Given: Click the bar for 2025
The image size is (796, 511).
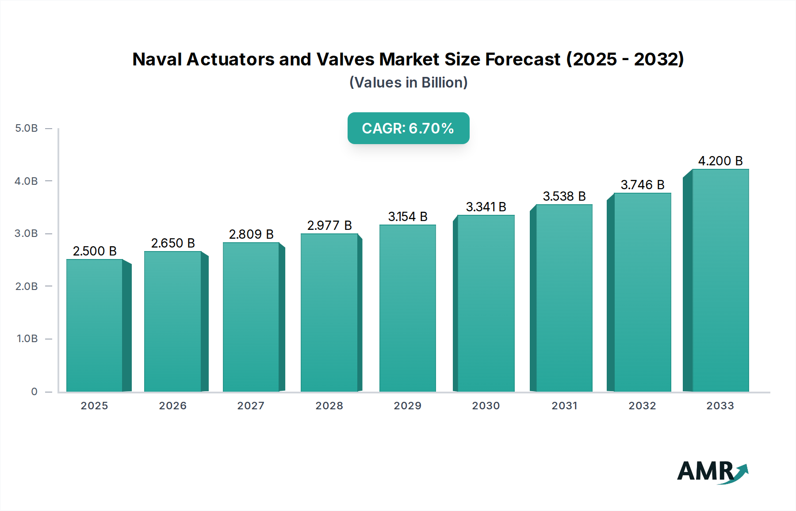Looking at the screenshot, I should (94, 325).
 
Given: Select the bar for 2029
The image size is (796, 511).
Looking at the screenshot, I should (407, 308).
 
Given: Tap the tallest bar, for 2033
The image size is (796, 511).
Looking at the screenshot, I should (720, 280).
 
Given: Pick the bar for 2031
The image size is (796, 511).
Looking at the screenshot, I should (564, 298).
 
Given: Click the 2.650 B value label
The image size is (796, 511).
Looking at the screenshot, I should (173, 243).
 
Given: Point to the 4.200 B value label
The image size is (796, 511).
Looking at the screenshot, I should (720, 161).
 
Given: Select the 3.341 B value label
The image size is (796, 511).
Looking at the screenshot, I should (486, 207).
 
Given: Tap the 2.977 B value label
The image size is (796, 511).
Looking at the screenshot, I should (329, 225).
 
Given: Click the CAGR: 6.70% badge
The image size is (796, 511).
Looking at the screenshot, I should (408, 128).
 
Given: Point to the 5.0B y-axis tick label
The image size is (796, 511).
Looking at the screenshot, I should (27, 128).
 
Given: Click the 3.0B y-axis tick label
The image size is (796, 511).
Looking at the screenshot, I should (27, 233).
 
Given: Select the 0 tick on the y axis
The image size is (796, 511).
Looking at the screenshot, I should (34, 392).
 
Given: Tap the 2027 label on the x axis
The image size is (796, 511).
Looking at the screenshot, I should (251, 406).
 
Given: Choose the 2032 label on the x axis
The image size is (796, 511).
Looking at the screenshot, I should (642, 406).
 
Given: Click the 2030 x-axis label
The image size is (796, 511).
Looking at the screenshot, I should (486, 406).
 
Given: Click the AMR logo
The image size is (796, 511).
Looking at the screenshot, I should (712, 472).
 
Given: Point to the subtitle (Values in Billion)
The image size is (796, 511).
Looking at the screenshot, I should (408, 83).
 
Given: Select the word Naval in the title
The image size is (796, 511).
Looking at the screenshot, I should (157, 59).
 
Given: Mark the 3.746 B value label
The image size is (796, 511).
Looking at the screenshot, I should (642, 185).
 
